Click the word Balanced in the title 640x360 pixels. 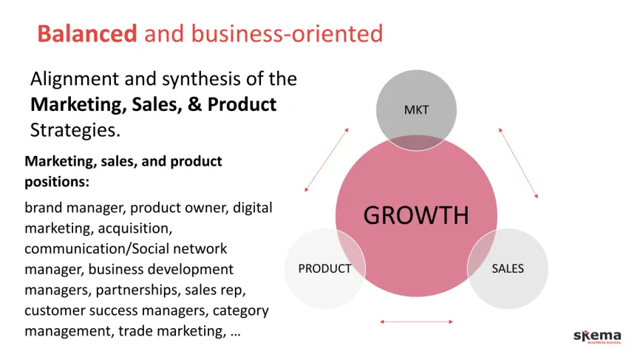coord(87,33)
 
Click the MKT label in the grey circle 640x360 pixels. coord(416,110)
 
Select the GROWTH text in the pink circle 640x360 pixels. coord(416,215)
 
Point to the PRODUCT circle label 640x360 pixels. coord(324,268)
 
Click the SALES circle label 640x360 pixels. coord(508,268)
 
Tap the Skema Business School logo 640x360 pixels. coord(598,336)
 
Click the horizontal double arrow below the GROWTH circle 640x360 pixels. coord(416,322)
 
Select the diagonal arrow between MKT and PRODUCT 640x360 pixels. coord(327,160)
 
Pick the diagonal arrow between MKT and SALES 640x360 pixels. coord(518,163)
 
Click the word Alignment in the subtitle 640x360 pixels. coord(75,80)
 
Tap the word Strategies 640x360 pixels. coord(75,130)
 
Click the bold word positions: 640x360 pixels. coord(57,182)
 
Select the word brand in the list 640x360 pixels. coord(43,208)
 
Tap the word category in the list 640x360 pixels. coord(241,311)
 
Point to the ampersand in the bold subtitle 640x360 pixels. coord(194,104)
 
